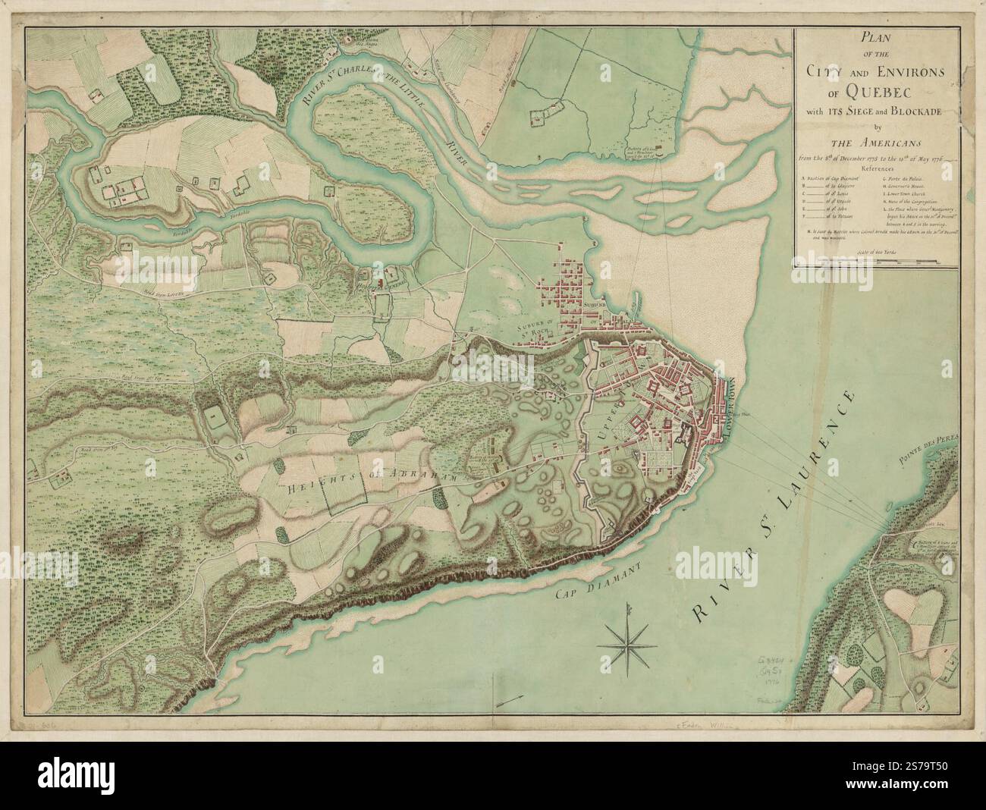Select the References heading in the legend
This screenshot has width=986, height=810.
(873, 170)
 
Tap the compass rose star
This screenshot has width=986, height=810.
(626, 644)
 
